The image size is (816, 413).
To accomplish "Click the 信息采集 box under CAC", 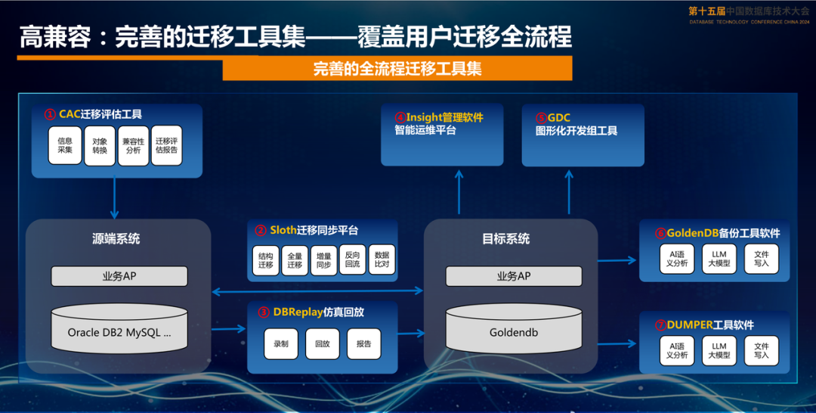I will (65, 145).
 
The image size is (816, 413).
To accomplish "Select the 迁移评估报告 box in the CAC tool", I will (167, 145).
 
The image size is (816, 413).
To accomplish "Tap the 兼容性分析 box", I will (133, 145).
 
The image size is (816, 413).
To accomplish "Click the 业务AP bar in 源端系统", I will (119, 276).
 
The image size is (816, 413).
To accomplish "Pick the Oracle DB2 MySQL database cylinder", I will (119, 329).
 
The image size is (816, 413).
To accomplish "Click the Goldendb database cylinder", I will (514, 329).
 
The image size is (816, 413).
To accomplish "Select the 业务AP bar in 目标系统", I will (514, 276).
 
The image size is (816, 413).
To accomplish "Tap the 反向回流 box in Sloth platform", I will (352, 260).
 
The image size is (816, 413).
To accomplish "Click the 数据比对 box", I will (382, 260).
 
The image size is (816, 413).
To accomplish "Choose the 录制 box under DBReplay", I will (281, 343).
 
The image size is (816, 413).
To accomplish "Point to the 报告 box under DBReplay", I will (363, 343).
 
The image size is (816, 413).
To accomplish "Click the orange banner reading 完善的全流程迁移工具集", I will (397, 69).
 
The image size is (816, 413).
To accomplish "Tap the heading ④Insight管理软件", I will (439, 117).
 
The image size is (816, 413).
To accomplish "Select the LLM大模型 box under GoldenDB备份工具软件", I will (719, 259).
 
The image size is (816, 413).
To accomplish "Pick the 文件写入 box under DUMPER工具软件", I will (761, 350).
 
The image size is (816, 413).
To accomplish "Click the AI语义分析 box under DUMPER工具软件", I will (676, 350).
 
